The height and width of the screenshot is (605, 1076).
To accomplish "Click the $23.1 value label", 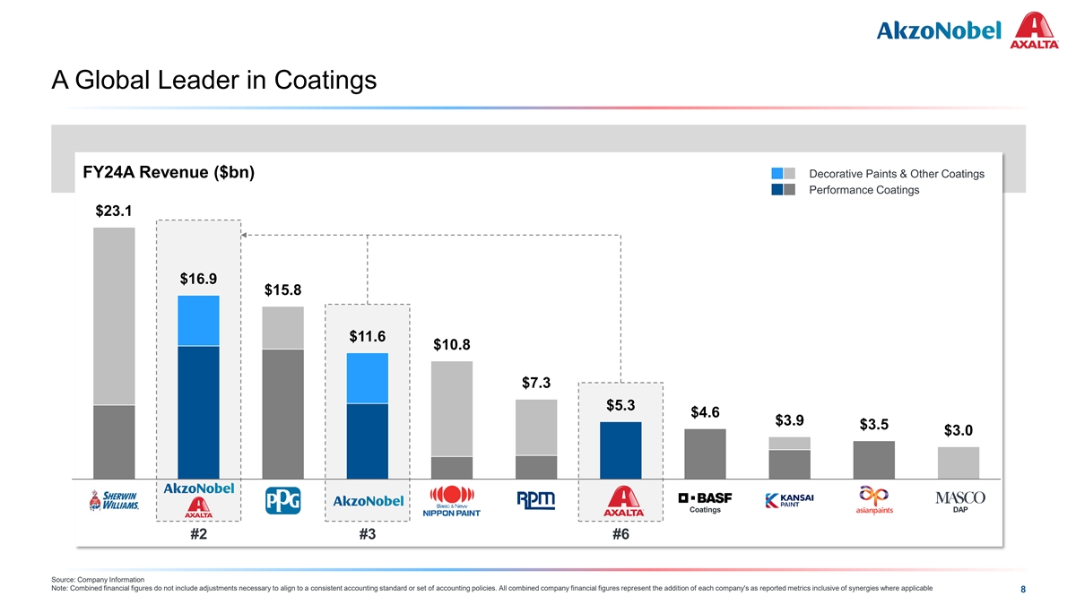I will click(114, 212).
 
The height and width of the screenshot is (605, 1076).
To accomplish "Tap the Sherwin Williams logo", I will click(114, 501).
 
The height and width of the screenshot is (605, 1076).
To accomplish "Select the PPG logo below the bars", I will click(282, 501).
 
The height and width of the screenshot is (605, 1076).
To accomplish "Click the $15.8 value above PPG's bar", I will click(282, 290).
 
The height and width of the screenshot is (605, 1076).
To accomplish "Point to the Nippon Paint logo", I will click(452, 501).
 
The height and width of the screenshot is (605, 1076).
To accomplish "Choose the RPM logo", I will click(536, 499).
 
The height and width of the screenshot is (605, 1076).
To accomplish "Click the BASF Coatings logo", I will click(705, 501).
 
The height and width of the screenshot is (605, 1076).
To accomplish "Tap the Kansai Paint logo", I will click(790, 500).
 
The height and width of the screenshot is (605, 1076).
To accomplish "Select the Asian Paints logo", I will click(874, 501).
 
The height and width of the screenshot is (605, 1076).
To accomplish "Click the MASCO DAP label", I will click(959, 501).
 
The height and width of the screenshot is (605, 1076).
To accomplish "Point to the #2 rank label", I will click(199, 535).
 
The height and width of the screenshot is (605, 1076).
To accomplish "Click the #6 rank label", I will click(620, 535).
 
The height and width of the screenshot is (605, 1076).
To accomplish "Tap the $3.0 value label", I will click(959, 431).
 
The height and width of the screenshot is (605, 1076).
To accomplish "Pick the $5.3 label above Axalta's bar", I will click(620, 405).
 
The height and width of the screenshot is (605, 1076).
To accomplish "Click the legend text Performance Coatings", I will click(863, 190).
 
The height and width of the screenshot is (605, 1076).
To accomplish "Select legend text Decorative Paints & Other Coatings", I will click(897, 173).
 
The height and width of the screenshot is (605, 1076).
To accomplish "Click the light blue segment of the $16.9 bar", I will click(198, 320).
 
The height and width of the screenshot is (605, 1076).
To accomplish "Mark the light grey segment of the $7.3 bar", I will click(536, 427).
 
